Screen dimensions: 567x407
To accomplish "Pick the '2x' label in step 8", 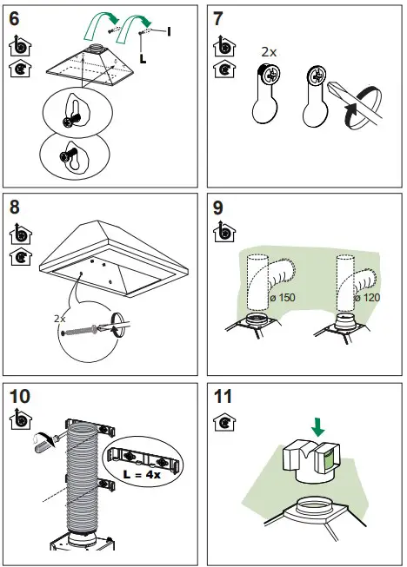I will point(59,319).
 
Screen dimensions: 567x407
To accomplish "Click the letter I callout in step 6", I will point(168,31).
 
